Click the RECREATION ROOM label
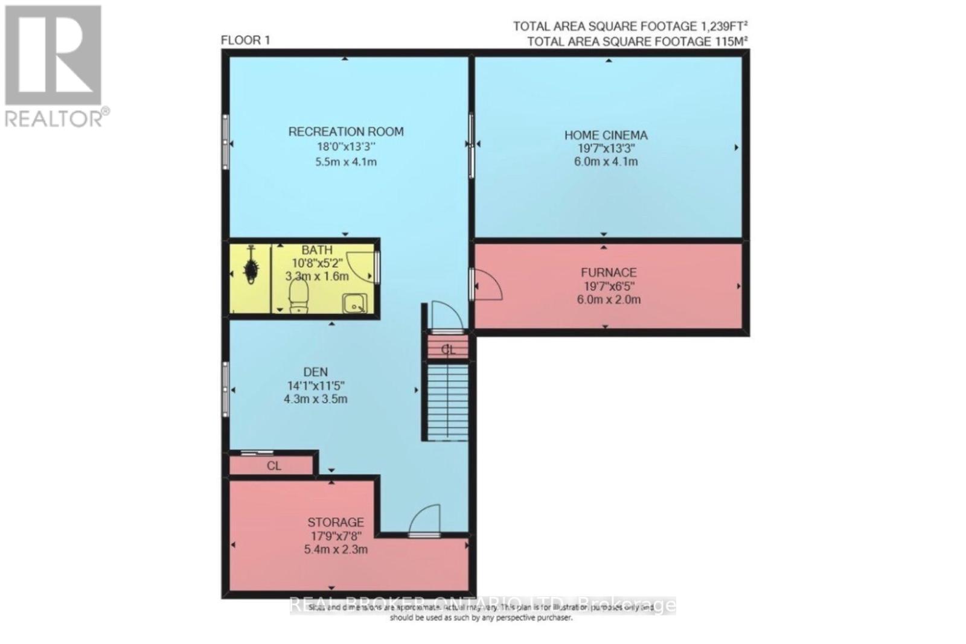pos(345,131)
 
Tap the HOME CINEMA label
pos(606,135)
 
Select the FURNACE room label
pos(608,273)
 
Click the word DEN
pos(316,372)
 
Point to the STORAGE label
pos(336,522)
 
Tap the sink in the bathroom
pos(353,304)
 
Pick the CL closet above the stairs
pos(447,349)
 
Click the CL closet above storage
pos(273,466)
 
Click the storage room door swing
pos(425,521)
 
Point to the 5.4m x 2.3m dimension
pos(336,549)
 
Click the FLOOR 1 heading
pos(245,40)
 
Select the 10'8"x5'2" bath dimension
pos(317,263)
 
